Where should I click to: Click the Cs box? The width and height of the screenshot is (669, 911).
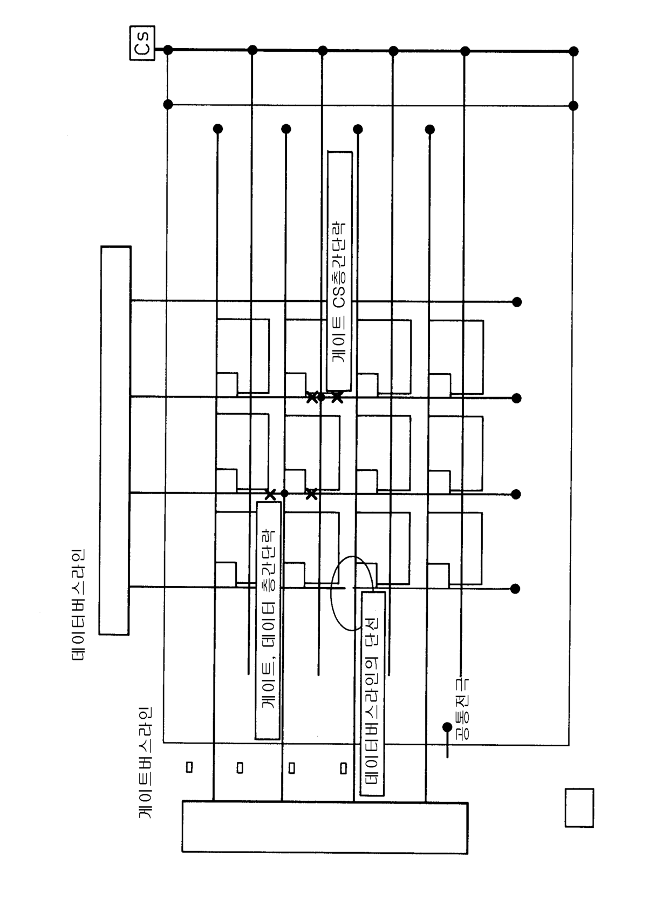tap(142, 43)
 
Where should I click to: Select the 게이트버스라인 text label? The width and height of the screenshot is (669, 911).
tap(146, 762)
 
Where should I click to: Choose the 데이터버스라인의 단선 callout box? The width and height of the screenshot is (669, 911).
tap(372, 693)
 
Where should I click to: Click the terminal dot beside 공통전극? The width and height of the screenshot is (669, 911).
tap(447, 727)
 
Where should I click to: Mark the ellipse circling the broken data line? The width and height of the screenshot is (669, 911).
tap(352, 593)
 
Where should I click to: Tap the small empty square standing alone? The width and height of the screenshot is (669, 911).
tap(579, 807)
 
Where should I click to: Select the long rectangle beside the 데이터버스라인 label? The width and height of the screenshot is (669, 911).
tap(115, 440)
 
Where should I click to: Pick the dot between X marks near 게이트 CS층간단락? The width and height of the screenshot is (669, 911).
tap(322, 397)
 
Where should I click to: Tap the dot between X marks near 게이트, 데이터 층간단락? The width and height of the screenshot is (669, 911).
tap(285, 493)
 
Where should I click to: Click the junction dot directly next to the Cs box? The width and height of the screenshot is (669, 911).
tap(168, 50)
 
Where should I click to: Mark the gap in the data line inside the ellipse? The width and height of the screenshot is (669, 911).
tap(349, 587)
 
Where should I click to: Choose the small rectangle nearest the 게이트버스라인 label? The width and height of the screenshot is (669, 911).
tap(189, 767)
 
